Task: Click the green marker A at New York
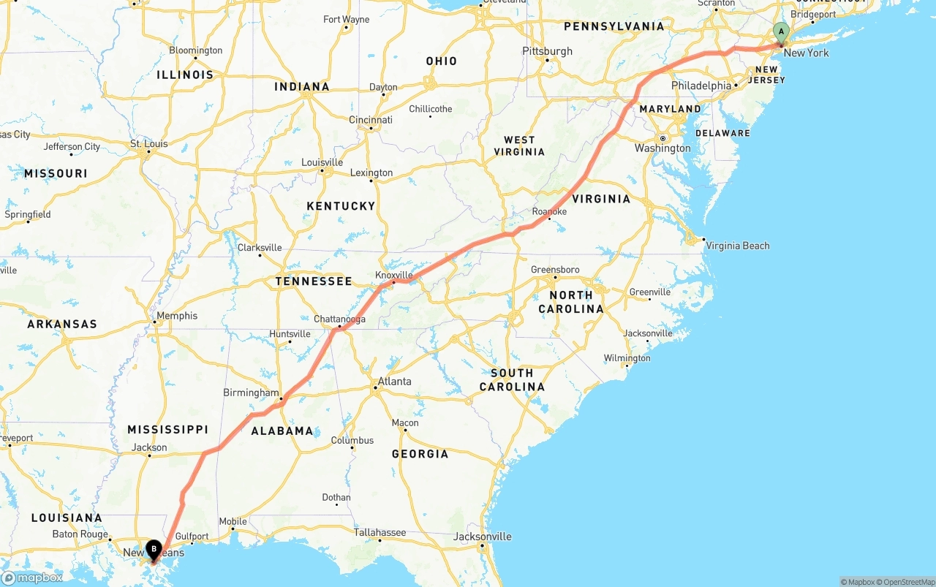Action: (781, 32)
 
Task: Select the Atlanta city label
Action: (394, 382)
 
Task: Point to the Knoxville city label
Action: (394, 276)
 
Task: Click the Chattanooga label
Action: (339, 319)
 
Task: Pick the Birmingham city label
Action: (251, 393)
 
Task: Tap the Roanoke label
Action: (549, 212)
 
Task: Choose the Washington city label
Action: (663, 148)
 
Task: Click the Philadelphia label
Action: (701, 86)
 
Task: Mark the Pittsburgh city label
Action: (547, 51)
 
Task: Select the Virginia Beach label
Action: (737, 246)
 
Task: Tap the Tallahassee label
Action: (380, 532)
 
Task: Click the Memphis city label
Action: (177, 316)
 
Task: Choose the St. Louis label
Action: (148, 144)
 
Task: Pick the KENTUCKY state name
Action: (341, 206)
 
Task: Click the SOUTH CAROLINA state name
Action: (512, 379)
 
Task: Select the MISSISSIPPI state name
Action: (167, 430)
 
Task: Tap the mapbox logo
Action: (32, 577)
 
